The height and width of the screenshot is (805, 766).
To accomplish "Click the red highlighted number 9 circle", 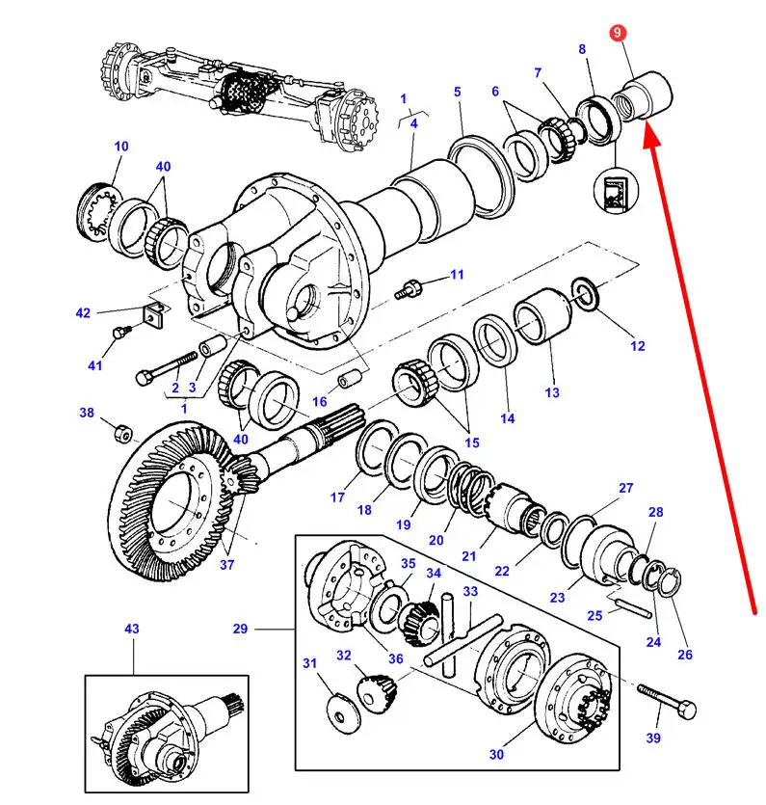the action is (617, 33).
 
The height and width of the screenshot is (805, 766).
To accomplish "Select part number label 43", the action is (132, 629).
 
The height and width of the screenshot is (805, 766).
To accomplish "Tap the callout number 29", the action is (240, 629).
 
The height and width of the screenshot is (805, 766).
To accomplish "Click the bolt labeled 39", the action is (667, 701).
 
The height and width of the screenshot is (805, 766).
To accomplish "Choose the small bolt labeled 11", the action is (408, 289).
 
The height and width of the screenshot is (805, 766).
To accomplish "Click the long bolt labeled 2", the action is (167, 368).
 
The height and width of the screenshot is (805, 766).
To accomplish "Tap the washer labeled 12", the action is (585, 293).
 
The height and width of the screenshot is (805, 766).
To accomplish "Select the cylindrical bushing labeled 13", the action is (542, 315).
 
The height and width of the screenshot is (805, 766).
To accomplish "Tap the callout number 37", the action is (226, 565).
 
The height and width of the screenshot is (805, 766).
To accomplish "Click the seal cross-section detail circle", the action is (616, 190).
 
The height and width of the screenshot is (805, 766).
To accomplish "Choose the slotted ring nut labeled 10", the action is (99, 209).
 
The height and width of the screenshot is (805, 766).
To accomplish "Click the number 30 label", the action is (496, 755).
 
